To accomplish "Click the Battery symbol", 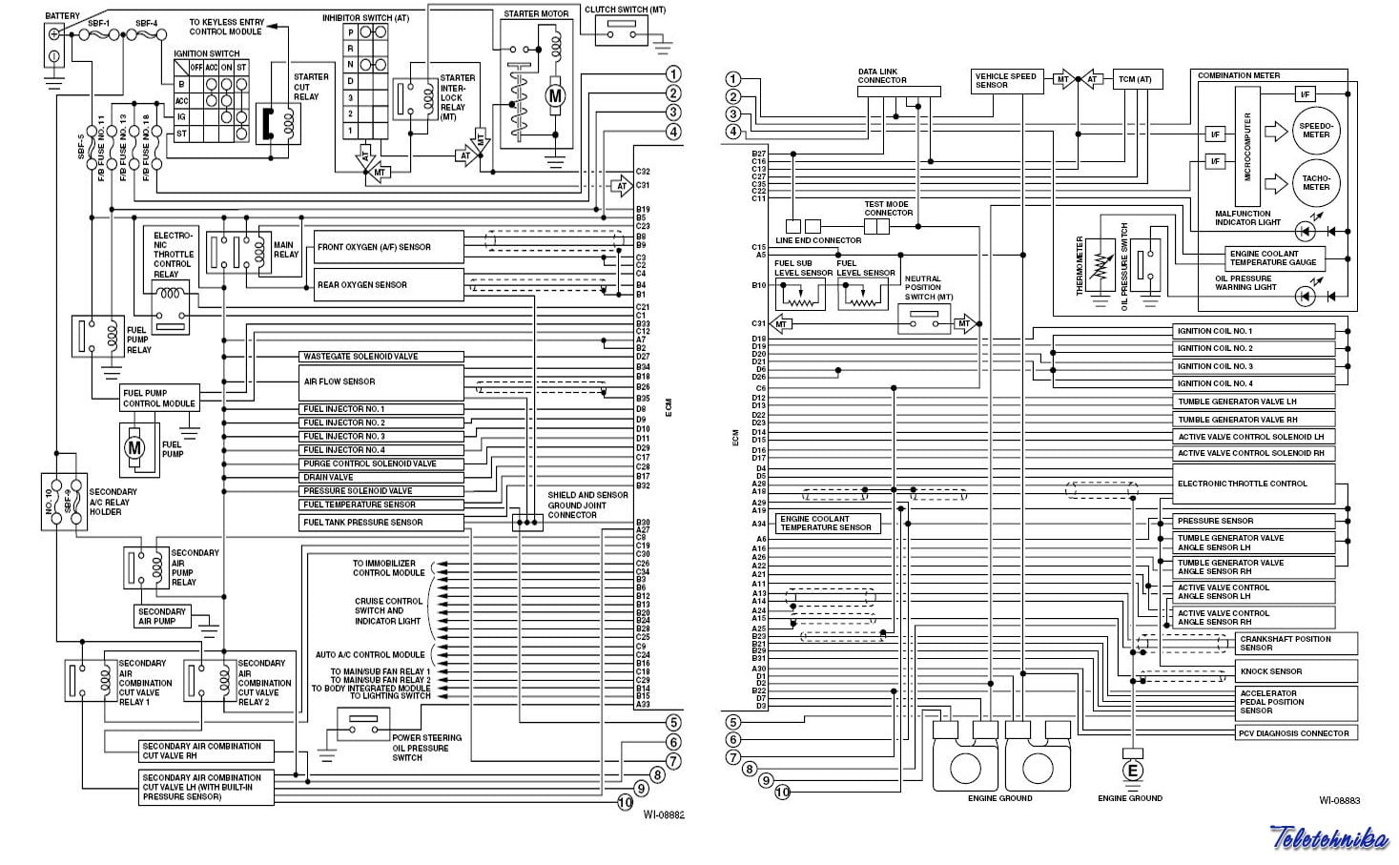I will (x=54, y=44).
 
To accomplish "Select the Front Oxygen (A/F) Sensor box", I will (x=389, y=247).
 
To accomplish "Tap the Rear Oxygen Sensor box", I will (x=389, y=284).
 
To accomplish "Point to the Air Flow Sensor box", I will (x=381, y=381).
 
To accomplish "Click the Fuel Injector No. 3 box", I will (x=381, y=436).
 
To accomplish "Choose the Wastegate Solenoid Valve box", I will (x=381, y=357).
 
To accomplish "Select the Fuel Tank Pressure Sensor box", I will (x=381, y=523).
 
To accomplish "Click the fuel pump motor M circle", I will (x=135, y=446).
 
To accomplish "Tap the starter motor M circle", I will (x=554, y=95).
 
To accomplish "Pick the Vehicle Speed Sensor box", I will (x=1007, y=80).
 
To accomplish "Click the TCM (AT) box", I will (x=1137, y=80).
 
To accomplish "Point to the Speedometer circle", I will (x=1316, y=130).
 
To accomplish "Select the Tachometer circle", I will (x=1316, y=182).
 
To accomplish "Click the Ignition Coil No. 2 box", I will (x=1254, y=348).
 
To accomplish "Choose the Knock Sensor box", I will (x=1297, y=671).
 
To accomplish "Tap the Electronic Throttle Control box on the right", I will (x=1254, y=484).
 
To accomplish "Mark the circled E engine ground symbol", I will (x=1132, y=771).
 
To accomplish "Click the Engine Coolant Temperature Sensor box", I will (x=828, y=523).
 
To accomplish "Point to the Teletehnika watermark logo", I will (x=1328, y=838).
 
